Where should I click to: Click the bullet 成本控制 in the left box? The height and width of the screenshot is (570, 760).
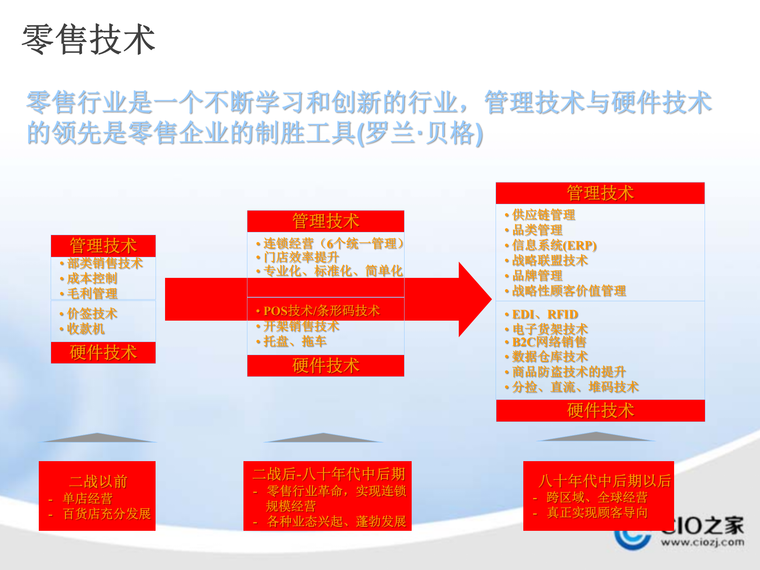pyautogui.click(x=92, y=278)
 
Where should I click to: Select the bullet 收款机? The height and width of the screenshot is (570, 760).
pyautogui.click(x=85, y=329)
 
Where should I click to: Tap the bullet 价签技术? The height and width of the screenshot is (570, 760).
pyautogui.click(x=92, y=313)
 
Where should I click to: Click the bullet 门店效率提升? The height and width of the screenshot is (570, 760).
pyautogui.click(x=301, y=257)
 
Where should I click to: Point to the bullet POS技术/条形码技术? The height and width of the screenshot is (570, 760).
pyautogui.click(x=321, y=311)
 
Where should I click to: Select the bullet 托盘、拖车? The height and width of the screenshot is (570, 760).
pyautogui.click(x=295, y=341)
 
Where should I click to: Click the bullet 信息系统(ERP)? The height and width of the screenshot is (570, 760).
pyautogui.click(x=554, y=245)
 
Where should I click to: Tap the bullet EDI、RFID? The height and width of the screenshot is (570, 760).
pyautogui.click(x=545, y=314)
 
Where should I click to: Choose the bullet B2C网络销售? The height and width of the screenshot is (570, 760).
pyautogui.click(x=549, y=342)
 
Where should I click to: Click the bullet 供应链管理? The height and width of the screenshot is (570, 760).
pyautogui.click(x=543, y=215)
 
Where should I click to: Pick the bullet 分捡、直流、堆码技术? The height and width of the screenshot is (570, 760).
pyautogui.click(x=575, y=387)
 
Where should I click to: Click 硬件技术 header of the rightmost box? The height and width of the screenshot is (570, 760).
pyautogui.click(x=600, y=410)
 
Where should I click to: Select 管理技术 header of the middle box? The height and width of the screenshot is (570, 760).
pyautogui.click(x=325, y=221)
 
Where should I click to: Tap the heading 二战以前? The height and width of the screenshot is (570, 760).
pyautogui.click(x=98, y=481)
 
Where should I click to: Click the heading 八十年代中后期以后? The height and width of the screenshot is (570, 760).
pyautogui.click(x=604, y=481)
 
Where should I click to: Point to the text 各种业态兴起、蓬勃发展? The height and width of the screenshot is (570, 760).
pyautogui.click(x=336, y=521)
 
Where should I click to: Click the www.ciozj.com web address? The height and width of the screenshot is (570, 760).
pyautogui.click(x=702, y=542)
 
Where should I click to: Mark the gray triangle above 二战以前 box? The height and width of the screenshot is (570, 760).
pyautogui.click(x=98, y=438)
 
